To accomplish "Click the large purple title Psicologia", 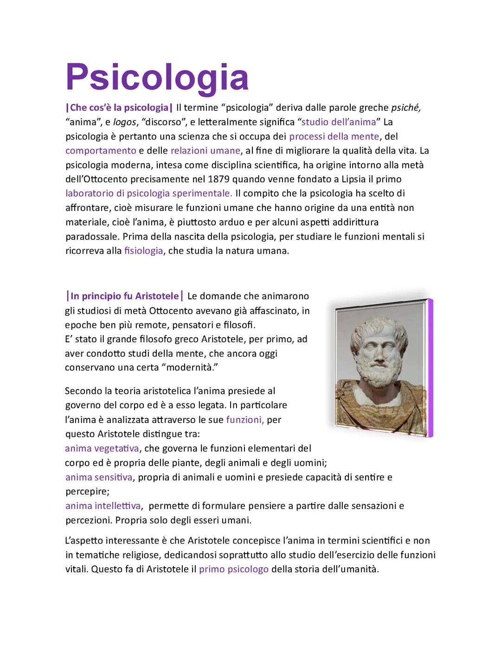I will [157, 77].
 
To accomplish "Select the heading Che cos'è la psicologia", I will [120, 108].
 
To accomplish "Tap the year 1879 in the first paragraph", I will [219, 179].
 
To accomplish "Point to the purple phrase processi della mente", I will [334, 136].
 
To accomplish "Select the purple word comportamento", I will [101, 151].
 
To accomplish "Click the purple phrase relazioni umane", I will [206, 151].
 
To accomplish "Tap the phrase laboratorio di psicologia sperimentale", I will [148, 193].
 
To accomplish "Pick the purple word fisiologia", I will [144, 251].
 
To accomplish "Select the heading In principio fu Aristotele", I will [125, 296].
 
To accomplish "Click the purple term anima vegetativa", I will [102, 449].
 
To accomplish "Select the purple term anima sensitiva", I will [99, 477].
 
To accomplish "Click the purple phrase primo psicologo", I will [234, 569].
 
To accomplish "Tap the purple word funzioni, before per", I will [245, 420].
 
